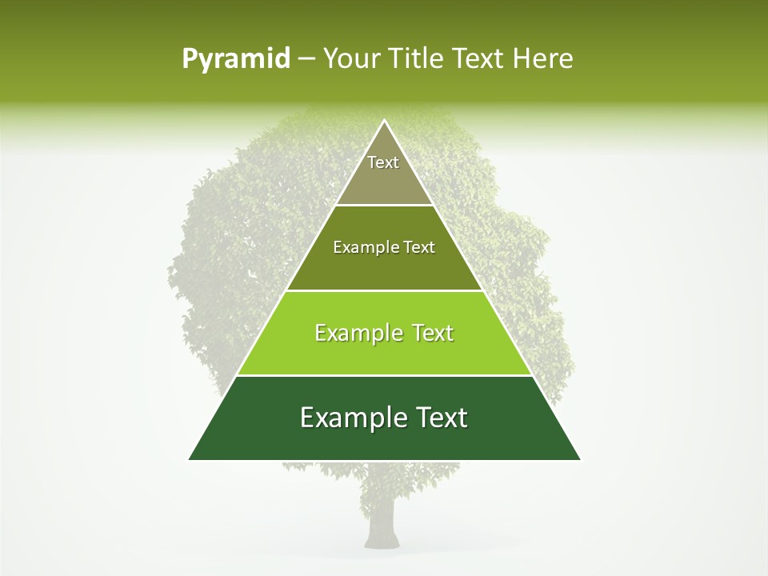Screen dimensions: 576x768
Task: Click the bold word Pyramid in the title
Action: (x=236, y=59)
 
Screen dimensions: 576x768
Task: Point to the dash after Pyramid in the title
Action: (x=306, y=59)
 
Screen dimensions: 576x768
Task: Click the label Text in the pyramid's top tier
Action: (x=383, y=162)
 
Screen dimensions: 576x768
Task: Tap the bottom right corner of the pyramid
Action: (x=579, y=459)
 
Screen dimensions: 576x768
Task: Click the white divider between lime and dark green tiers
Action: (x=384, y=375)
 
